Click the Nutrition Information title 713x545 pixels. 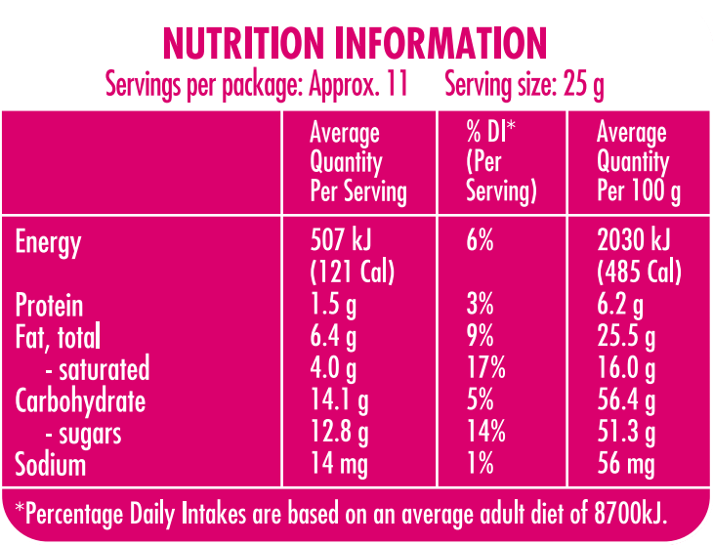[x=355, y=44]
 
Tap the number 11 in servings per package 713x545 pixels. [x=396, y=86]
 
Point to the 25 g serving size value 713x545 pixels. [x=584, y=86]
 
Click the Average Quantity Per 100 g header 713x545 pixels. [x=638, y=161]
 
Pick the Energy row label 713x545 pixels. [x=48, y=242]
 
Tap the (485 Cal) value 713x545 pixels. [x=640, y=271]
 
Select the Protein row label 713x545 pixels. [x=49, y=306]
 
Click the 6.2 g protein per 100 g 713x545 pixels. [x=620, y=306]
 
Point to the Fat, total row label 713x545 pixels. [x=58, y=337]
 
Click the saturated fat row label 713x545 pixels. [x=98, y=369]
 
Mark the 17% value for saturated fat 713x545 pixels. [x=486, y=369]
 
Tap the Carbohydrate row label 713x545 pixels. [x=80, y=400]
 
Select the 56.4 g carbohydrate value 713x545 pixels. [x=626, y=400]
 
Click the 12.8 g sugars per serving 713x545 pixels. [x=339, y=433]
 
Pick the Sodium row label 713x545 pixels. [x=50, y=464]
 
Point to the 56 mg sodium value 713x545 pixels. [x=625, y=464]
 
